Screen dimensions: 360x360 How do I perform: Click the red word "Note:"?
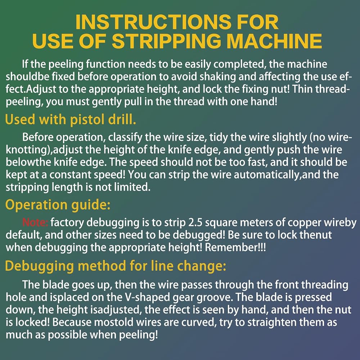pos(35,222)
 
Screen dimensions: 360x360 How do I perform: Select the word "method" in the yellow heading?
pos(102,266)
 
